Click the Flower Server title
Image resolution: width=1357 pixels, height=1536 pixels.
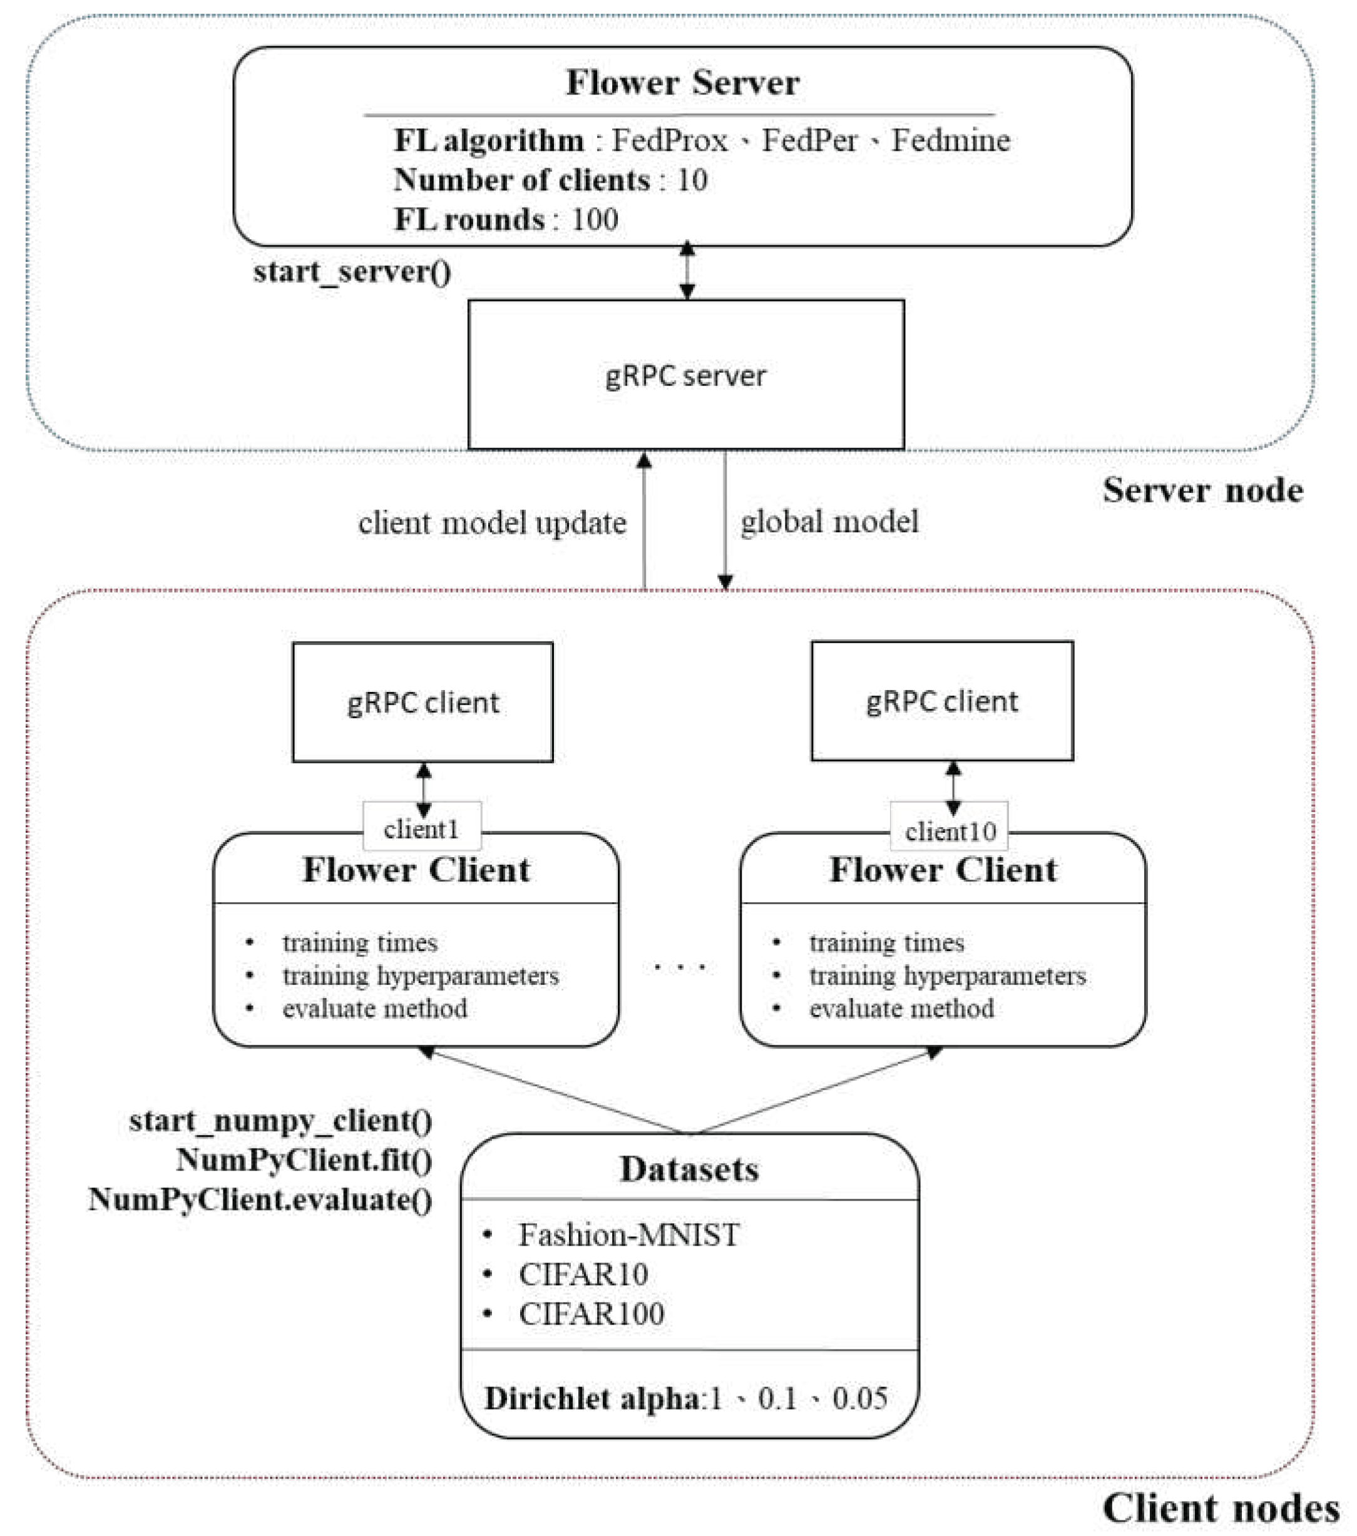pyautogui.click(x=682, y=83)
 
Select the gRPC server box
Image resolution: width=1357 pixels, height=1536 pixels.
pyautogui.click(x=685, y=375)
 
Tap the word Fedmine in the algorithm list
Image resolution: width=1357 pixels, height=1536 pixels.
pyautogui.click(x=950, y=141)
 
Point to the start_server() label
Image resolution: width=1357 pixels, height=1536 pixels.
pyautogui.click(x=352, y=272)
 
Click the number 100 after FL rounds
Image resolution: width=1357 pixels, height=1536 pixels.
pyautogui.click(x=595, y=220)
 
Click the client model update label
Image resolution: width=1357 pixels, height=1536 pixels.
pyautogui.click(x=492, y=523)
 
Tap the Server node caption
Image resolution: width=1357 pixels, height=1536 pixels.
pyautogui.click(x=1202, y=491)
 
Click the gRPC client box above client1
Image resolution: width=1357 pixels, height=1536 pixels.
pyautogui.click(x=422, y=702)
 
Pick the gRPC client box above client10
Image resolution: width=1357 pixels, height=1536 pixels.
pyautogui.click(x=942, y=700)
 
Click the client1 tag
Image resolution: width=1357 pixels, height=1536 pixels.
pyautogui.click(x=421, y=830)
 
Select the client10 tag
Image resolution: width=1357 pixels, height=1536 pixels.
pyautogui.click(x=950, y=831)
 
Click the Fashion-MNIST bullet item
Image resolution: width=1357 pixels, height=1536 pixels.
pyautogui.click(x=628, y=1234)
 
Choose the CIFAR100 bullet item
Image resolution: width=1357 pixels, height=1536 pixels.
pyautogui.click(x=591, y=1313)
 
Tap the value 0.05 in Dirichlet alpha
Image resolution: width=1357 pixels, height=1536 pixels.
pyautogui.click(x=859, y=1398)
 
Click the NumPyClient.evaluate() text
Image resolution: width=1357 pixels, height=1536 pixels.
pyautogui.click(x=260, y=1199)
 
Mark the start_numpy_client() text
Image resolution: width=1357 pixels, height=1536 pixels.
pyautogui.click(x=280, y=1121)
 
